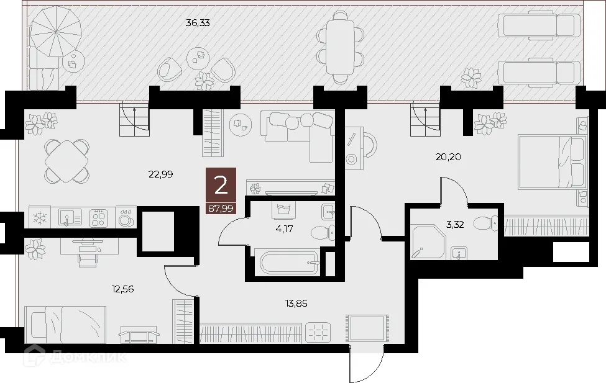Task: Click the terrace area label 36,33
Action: tap(198, 23)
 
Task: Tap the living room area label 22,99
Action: tap(160, 174)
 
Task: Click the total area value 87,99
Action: tap(221, 209)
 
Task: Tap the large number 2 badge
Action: tap(221, 185)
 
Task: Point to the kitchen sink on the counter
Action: tap(69, 218)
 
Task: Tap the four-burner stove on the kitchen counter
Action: tap(98, 218)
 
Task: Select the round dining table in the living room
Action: tap(66, 160)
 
